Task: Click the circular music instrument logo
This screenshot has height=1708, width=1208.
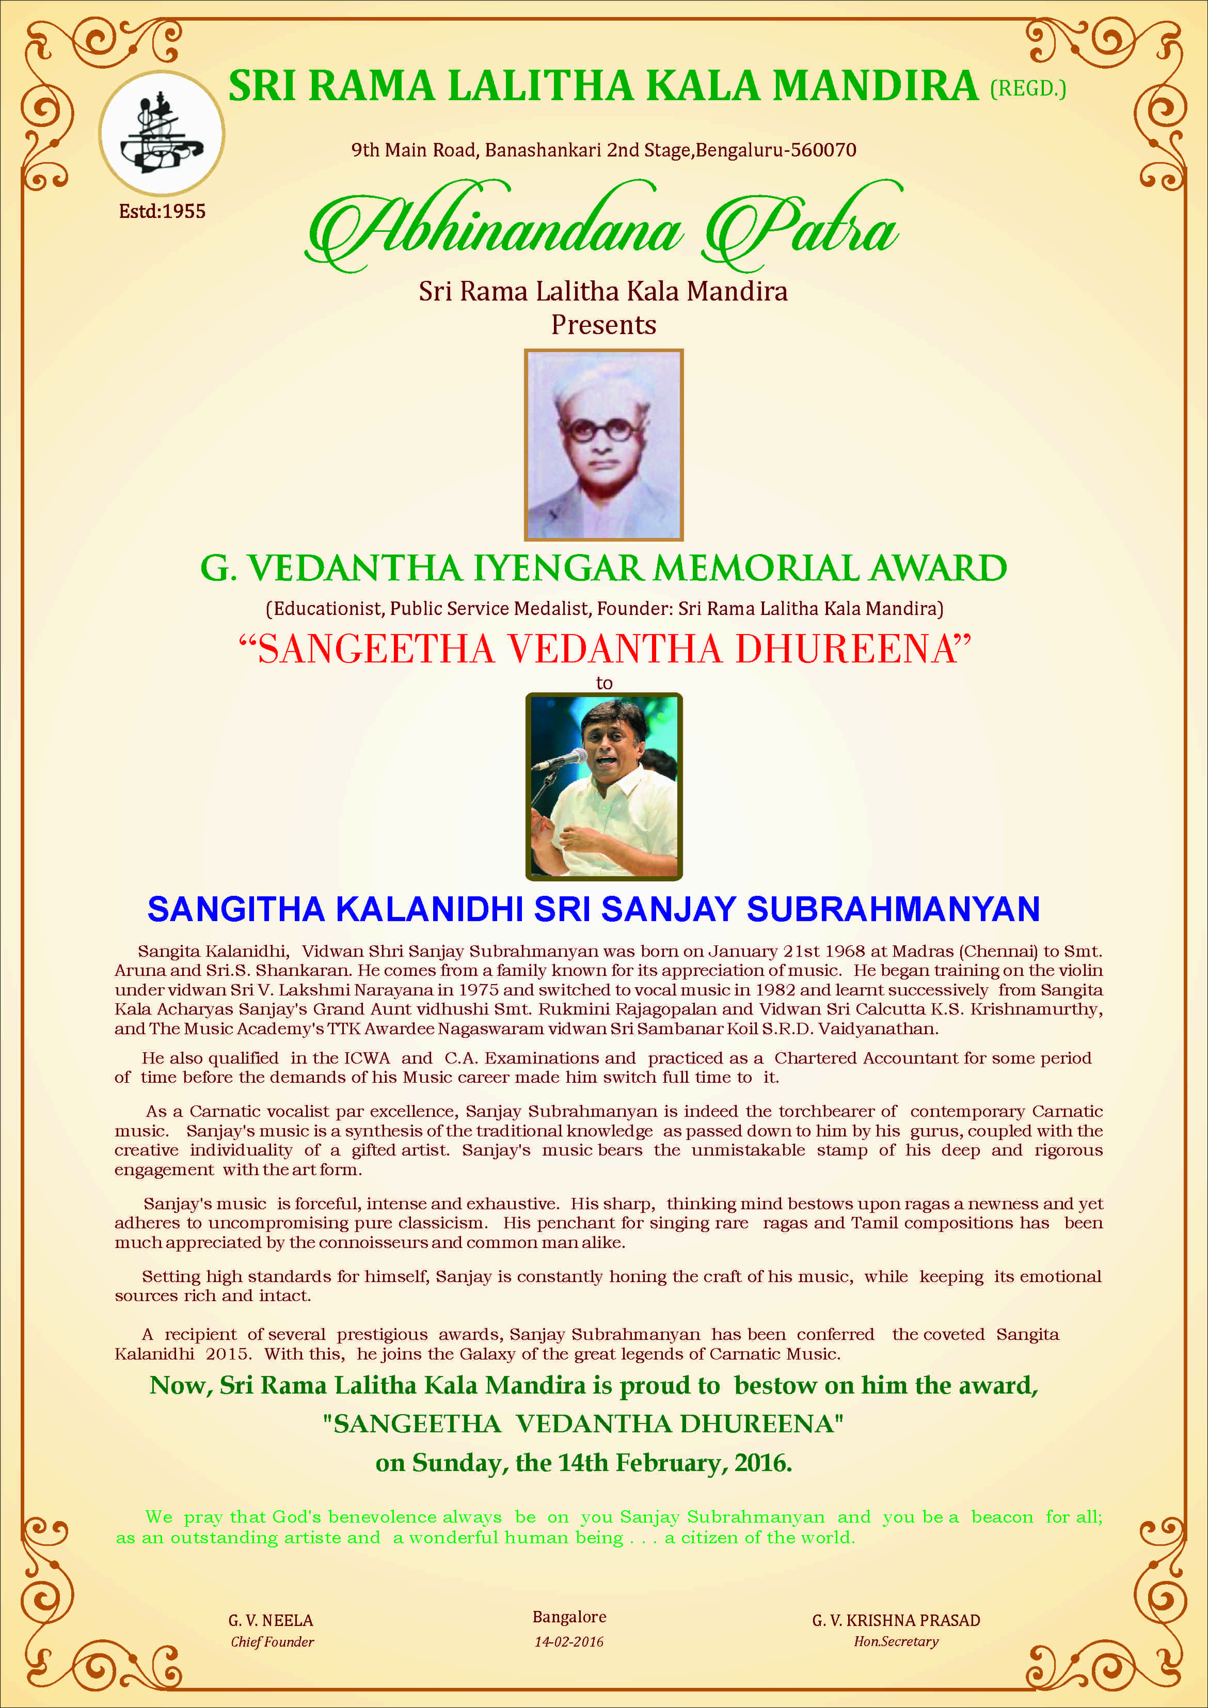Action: pyautogui.click(x=162, y=134)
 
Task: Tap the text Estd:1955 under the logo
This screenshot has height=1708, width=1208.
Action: pyautogui.click(x=162, y=211)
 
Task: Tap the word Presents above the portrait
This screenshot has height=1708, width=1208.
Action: pyautogui.click(x=603, y=325)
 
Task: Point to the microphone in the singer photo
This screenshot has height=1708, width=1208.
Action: pyautogui.click(x=560, y=760)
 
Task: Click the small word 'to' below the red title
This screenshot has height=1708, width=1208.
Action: pyautogui.click(x=604, y=683)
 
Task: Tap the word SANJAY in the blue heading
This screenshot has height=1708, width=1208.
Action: pyautogui.click(x=669, y=909)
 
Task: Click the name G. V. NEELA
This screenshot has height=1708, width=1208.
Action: pyautogui.click(x=271, y=1620)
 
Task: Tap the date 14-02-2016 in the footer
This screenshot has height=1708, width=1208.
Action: pyautogui.click(x=569, y=1642)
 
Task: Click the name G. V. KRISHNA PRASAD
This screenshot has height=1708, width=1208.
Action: pyautogui.click(x=896, y=1620)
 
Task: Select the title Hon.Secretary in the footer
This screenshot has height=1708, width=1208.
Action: pyautogui.click(x=896, y=1642)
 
